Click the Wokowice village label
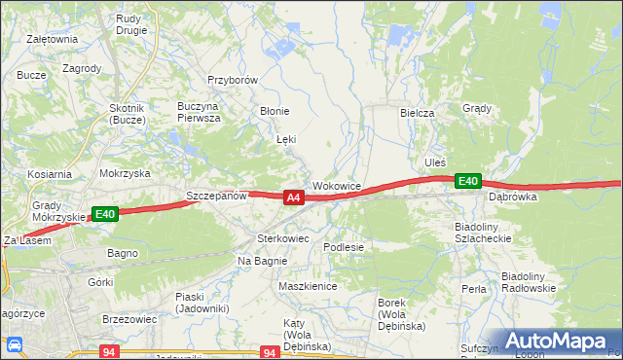tap(337, 185)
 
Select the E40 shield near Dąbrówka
tap(468, 181)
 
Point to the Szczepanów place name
tap(216, 196)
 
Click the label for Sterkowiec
tap(282, 237)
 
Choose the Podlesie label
tap(344, 247)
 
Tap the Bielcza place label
tap(417, 113)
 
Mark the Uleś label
tap(435, 162)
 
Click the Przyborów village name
tap(232, 81)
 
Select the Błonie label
tap(274, 111)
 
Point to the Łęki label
tap(285, 140)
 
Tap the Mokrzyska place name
tap(125, 173)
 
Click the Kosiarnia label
tap(50, 174)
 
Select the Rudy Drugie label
tap(130, 24)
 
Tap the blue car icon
tap(15, 344)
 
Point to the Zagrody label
tap(82, 68)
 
